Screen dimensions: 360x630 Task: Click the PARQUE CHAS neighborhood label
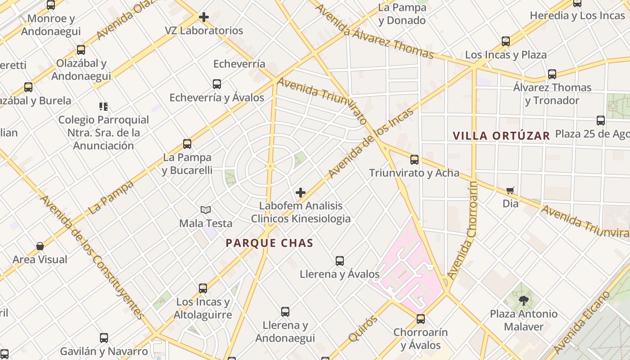pyautogui.click(x=269, y=243)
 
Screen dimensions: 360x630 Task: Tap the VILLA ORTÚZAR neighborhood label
pyautogui.click(x=501, y=135)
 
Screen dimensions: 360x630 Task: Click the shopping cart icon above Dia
pyautogui.click(x=510, y=191)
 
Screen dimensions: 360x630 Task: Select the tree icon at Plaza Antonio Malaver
pyautogui.click(x=523, y=300)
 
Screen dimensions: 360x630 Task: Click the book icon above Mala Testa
pyautogui.click(x=206, y=210)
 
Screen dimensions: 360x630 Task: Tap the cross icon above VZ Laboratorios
pyautogui.click(x=204, y=18)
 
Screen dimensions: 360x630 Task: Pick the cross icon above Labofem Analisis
pyautogui.click(x=301, y=193)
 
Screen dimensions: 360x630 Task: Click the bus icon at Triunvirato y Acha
pyautogui.click(x=414, y=160)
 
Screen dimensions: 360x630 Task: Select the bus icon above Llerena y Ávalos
pyautogui.click(x=340, y=261)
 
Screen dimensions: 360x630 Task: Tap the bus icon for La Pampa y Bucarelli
pyautogui.click(x=187, y=144)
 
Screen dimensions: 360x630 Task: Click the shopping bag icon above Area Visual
pyautogui.click(x=40, y=246)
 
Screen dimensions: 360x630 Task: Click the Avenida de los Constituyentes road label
pyautogui.click(x=92, y=256)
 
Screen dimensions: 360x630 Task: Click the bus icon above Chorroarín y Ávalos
pyautogui.click(x=421, y=319)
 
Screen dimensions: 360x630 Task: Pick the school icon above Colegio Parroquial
pyautogui.click(x=103, y=107)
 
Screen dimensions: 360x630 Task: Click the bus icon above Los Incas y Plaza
pyautogui.click(x=506, y=42)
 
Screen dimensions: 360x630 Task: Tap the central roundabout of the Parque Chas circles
pyautogui.click(x=270, y=166)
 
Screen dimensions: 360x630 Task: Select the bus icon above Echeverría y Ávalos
pyautogui.click(x=217, y=84)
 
